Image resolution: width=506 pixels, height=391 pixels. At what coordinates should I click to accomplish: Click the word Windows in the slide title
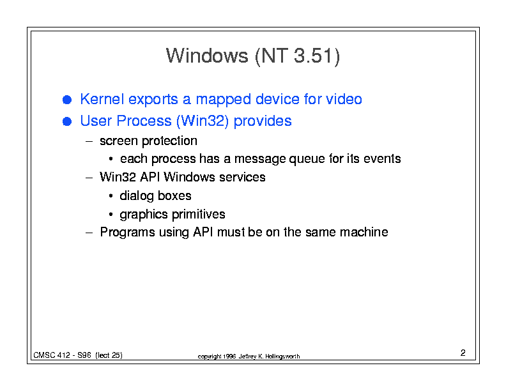click(207, 56)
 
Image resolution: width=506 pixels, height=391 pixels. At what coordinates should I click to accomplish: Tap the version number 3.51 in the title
click(313, 56)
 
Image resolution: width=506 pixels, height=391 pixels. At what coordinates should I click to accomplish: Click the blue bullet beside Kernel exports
click(67, 100)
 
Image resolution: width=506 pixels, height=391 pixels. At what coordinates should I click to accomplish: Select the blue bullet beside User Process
click(67, 121)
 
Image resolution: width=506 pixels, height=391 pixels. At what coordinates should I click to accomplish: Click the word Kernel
click(102, 99)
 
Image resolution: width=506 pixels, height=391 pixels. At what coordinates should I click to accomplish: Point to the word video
click(344, 99)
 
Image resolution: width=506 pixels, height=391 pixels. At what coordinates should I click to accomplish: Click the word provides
click(263, 121)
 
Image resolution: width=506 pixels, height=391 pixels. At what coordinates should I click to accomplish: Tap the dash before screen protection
click(89, 141)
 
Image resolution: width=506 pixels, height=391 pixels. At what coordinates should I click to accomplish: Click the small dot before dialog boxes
click(111, 196)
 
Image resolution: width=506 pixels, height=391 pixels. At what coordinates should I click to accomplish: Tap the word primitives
click(199, 215)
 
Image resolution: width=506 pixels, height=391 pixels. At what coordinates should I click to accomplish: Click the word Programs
click(128, 233)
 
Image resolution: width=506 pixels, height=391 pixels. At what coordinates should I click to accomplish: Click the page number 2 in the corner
click(463, 353)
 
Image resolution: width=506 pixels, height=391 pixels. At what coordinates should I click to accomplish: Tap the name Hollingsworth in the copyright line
click(282, 356)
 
